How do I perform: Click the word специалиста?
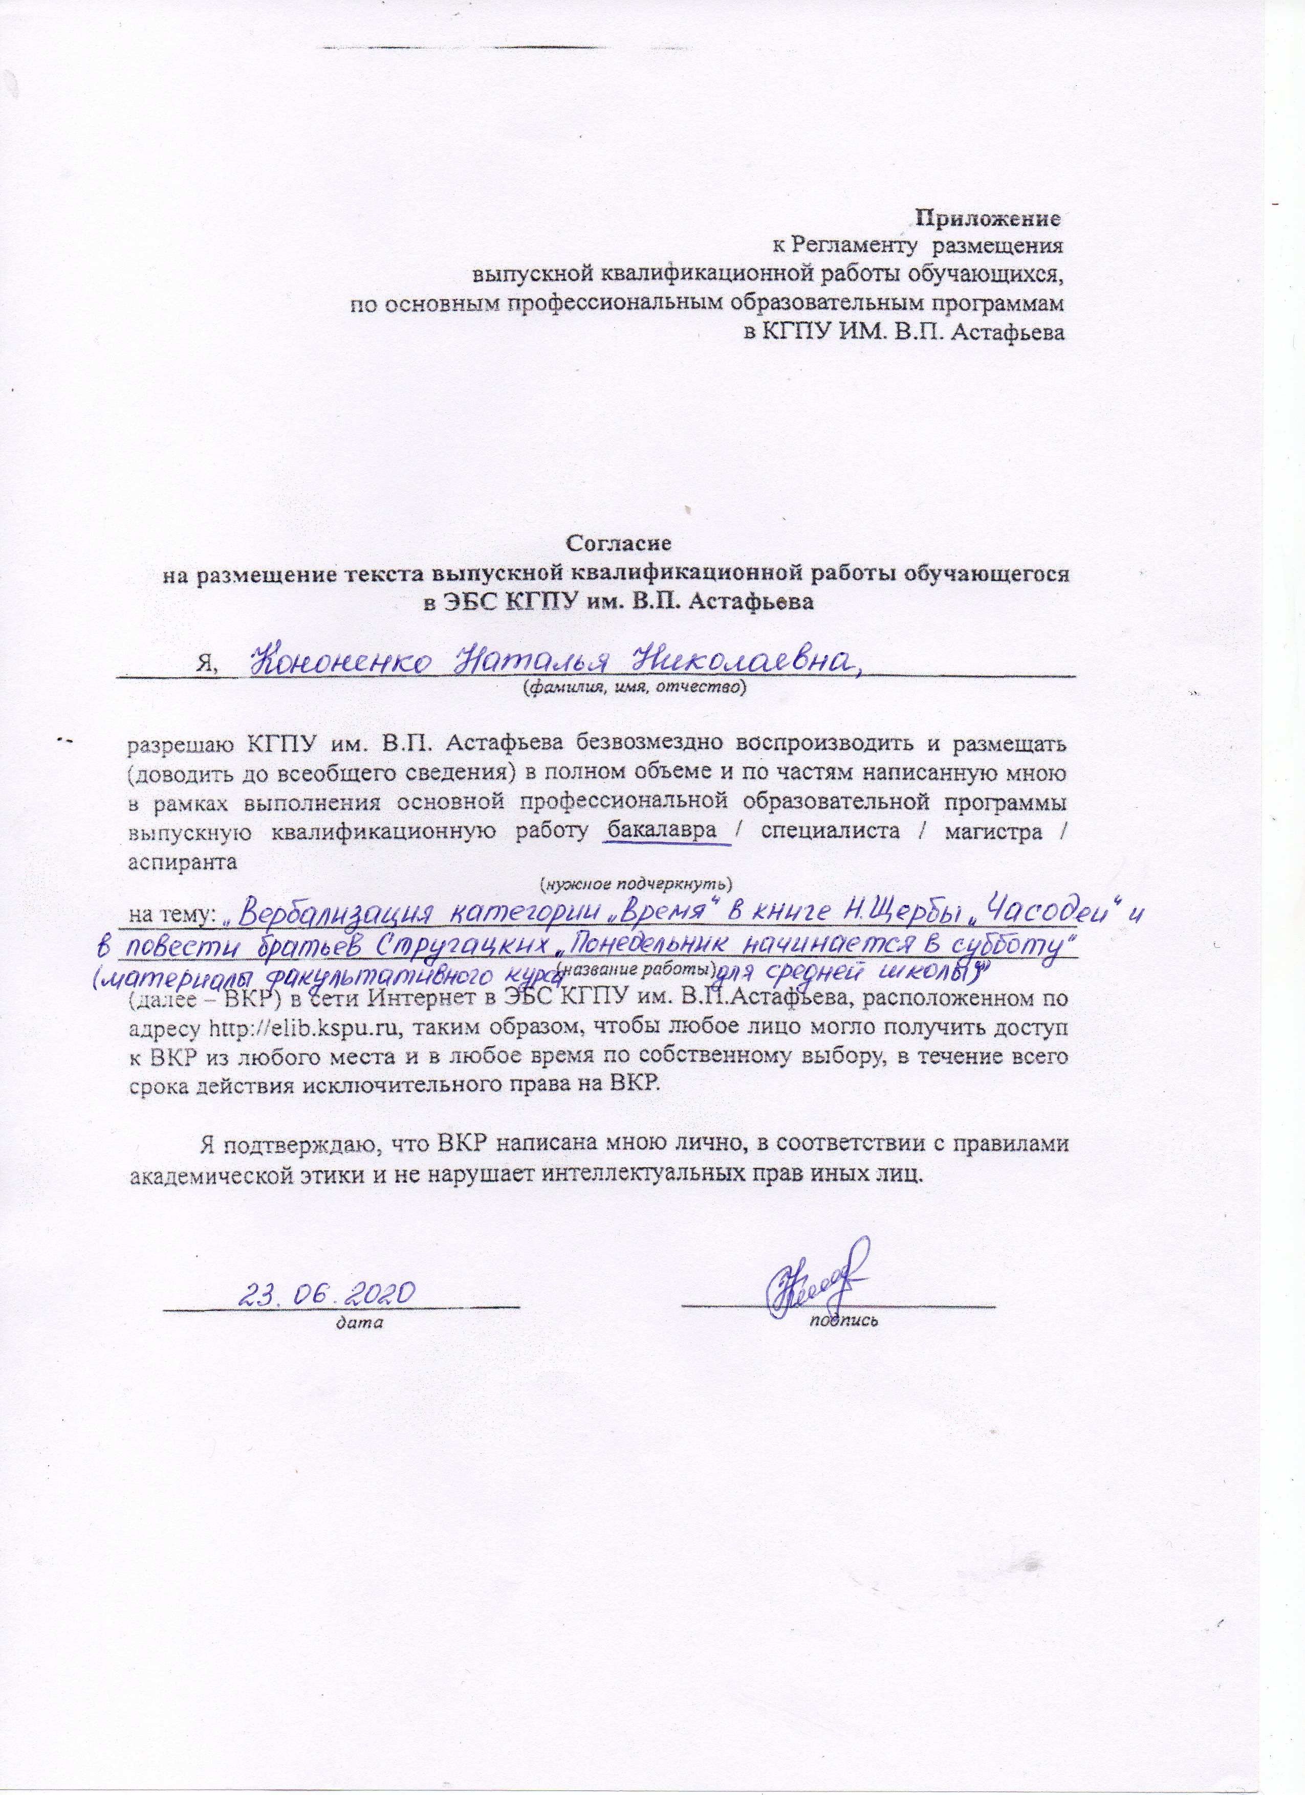pyautogui.click(x=830, y=832)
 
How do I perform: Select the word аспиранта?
pyautogui.click(x=182, y=862)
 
